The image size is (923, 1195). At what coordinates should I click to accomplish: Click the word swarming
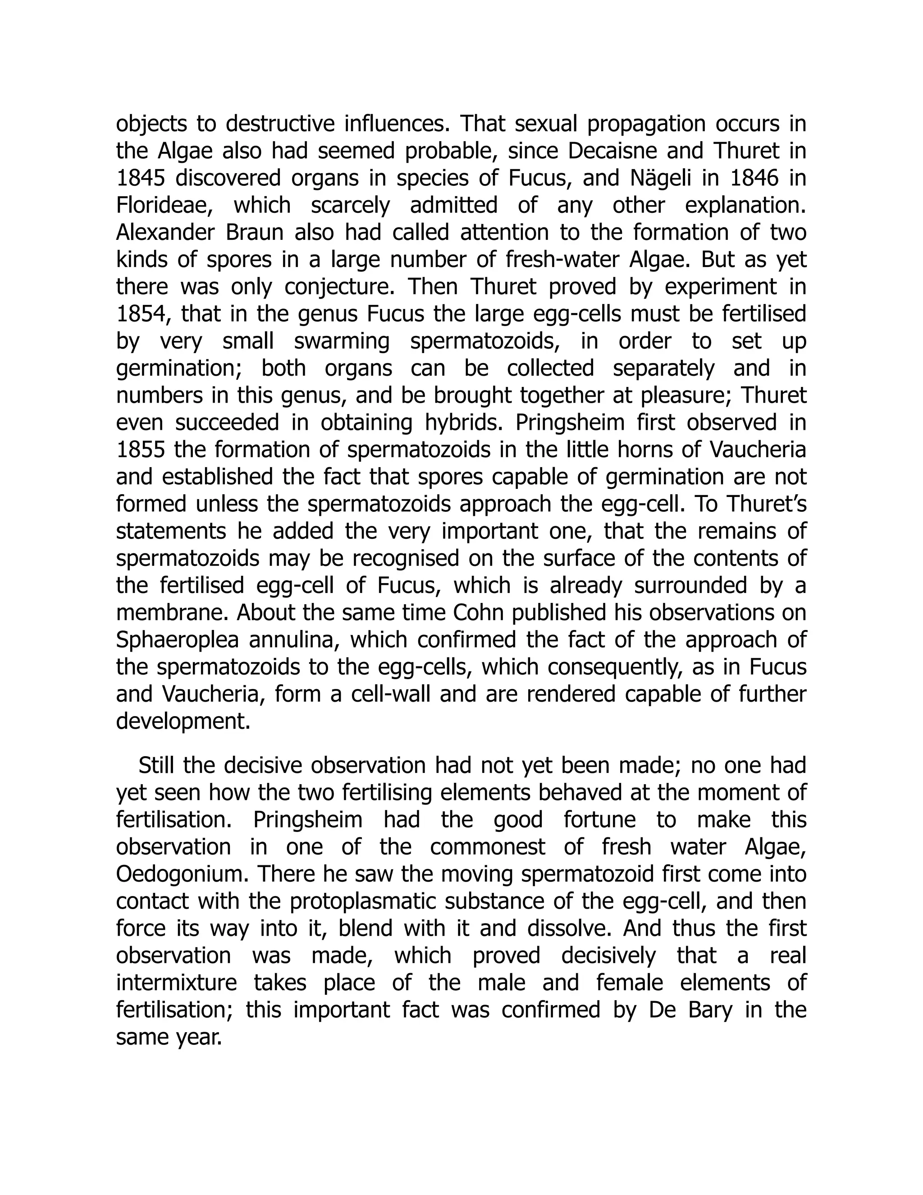[x=342, y=341]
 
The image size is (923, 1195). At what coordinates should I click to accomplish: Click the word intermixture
[x=176, y=983]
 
